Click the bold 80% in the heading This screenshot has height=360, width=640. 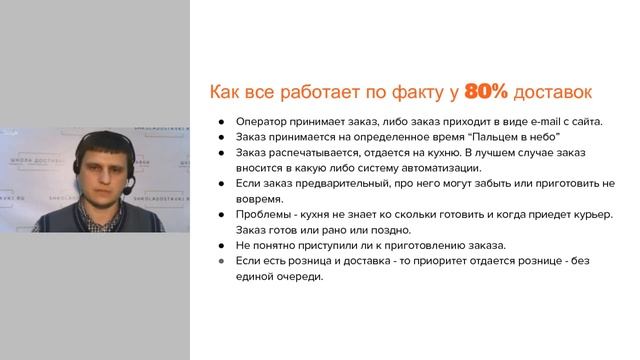pos(487,92)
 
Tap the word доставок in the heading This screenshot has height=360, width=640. pos(553,92)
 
